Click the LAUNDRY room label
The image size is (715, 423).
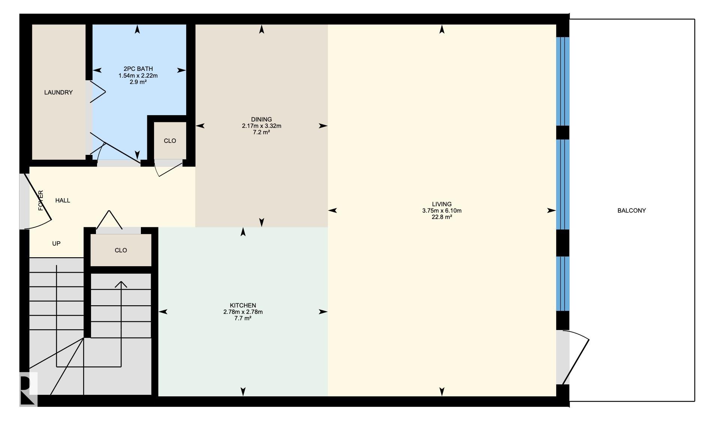click(x=58, y=93)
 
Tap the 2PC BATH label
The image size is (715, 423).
click(x=138, y=69)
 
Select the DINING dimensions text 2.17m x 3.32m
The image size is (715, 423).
click(x=262, y=126)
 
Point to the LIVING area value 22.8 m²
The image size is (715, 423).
click(x=442, y=217)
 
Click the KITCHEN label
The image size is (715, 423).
click(x=243, y=306)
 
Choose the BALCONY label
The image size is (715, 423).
click(x=631, y=211)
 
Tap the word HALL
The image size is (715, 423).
click(x=63, y=201)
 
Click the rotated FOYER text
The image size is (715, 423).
click(x=41, y=201)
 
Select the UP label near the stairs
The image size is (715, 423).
click(x=56, y=244)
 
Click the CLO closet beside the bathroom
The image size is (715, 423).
click(x=170, y=141)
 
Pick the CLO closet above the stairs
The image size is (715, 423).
click(x=121, y=250)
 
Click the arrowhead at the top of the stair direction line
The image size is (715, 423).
click(x=121, y=284)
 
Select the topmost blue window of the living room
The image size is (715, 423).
click(x=562, y=81)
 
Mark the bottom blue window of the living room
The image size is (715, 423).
click(x=562, y=284)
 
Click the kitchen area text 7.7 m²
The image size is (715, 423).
click(x=243, y=318)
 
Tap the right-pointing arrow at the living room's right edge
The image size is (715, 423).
click(x=551, y=211)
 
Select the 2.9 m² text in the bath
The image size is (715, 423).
click(x=138, y=82)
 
